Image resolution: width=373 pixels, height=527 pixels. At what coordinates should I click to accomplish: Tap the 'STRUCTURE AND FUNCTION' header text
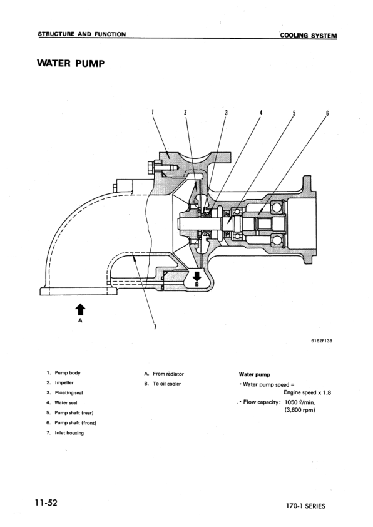(81, 34)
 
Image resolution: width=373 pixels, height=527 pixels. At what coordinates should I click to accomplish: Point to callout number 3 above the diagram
(226, 113)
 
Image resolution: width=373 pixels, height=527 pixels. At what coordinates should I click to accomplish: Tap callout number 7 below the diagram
(154, 327)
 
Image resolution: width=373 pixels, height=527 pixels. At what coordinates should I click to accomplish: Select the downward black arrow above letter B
(197, 276)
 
